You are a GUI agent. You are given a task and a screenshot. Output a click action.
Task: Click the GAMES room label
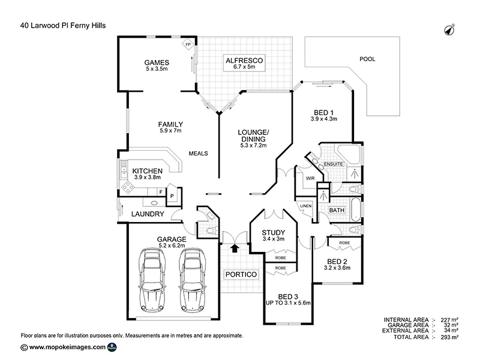click(x=157, y=62)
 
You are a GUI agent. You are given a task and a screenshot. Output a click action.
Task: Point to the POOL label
click(x=367, y=59)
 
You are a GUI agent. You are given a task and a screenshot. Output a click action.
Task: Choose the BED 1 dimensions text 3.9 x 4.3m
click(x=324, y=119)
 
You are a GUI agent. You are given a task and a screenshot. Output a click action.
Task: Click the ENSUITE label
click(x=332, y=163)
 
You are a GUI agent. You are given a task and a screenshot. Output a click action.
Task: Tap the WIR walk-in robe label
click(x=310, y=178)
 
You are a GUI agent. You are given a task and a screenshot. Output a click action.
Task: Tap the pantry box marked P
click(x=172, y=196)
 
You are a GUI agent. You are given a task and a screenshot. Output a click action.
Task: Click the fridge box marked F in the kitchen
click(x=152, y=193)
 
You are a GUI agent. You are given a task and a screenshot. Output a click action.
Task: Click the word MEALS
click(x=198, y=154)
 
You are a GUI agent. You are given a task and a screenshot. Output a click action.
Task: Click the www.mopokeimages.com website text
click(x=67, y=347)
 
